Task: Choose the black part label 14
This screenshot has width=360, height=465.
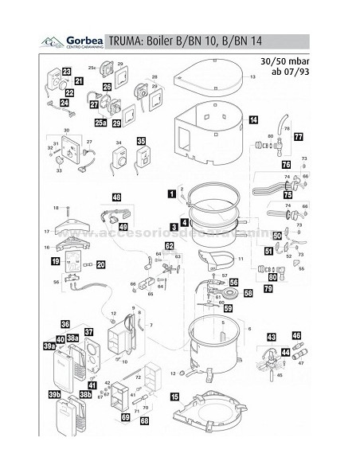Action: (x=252, y=120)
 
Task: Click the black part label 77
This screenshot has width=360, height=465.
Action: (x=299, y=137)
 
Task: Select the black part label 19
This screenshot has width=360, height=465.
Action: (x=56, y=260)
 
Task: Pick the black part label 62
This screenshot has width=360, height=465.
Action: (x=169, y=246)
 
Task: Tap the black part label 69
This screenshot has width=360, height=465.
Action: (x=124, y=416)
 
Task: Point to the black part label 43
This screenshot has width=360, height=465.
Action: (x=272, y=337)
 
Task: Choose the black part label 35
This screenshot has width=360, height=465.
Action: (x=142, y=141)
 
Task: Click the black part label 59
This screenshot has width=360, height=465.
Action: (x=228, y=307)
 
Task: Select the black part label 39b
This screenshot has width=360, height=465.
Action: (x=55, y=396)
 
